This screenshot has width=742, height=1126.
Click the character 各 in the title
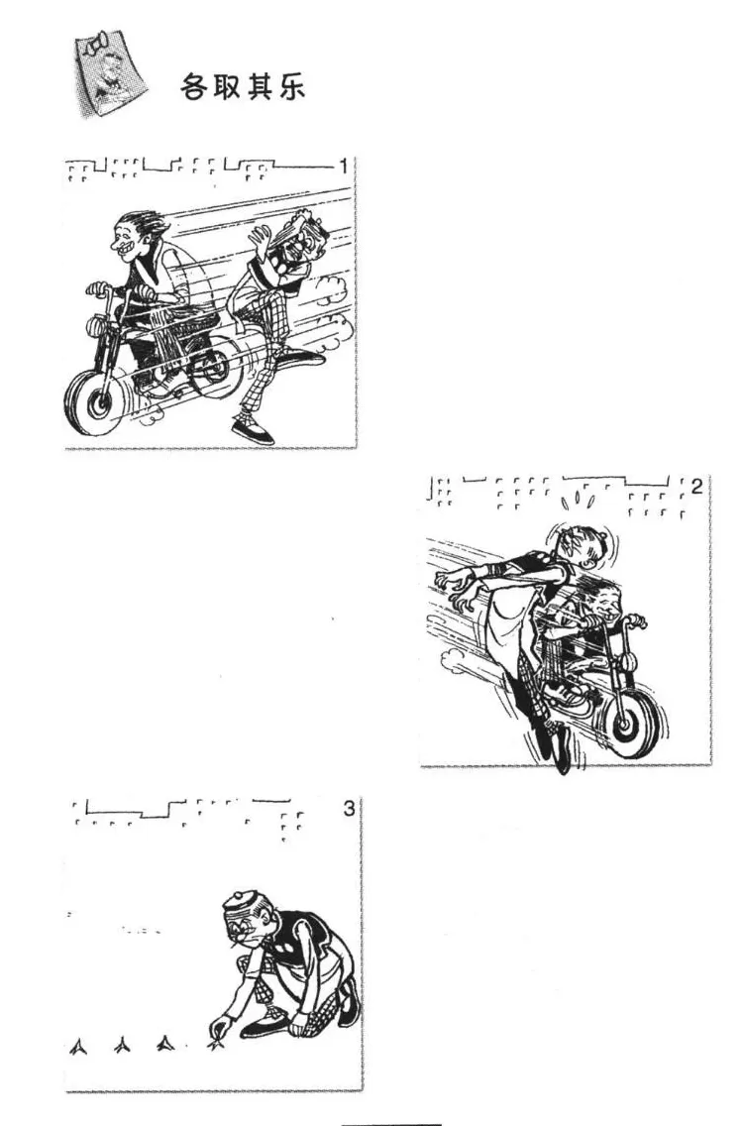193,87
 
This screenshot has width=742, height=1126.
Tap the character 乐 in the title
292,87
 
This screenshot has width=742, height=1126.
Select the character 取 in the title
226,87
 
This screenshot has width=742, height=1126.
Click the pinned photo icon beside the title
109,73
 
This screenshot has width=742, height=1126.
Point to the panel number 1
344,167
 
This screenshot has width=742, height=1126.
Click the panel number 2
696,487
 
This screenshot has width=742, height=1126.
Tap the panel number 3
349,809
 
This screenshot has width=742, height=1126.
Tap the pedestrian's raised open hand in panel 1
259,239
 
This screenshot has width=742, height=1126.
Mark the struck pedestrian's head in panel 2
580,546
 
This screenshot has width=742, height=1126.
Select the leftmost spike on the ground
79,1047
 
